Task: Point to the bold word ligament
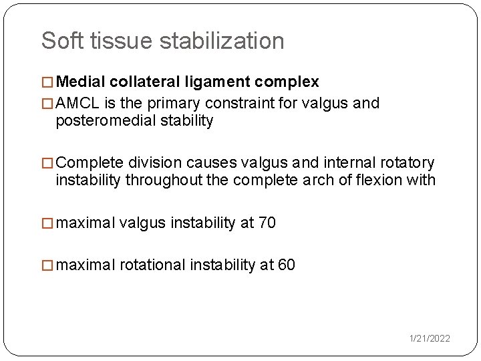214,82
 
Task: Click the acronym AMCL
76,103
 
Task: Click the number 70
267,223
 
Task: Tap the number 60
287,265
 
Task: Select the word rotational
152,265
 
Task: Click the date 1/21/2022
430,338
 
